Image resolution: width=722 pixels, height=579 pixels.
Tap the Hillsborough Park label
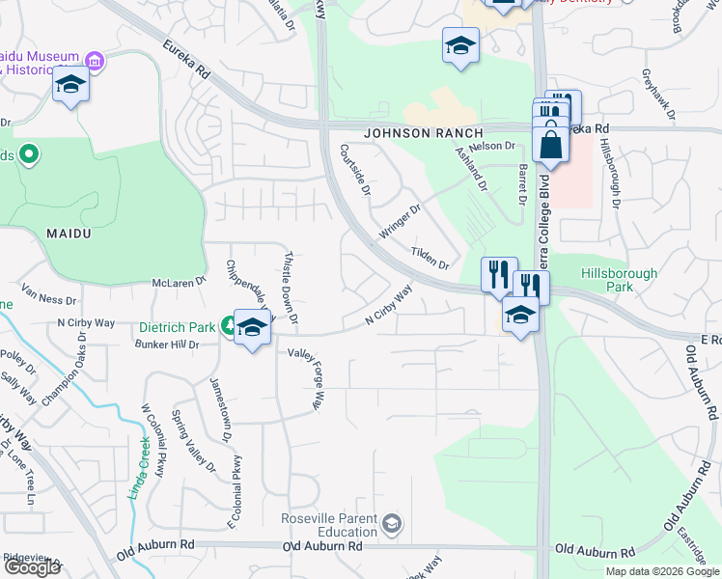click(x=619, y=280)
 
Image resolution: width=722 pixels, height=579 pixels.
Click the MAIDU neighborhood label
click(x=69, y=234)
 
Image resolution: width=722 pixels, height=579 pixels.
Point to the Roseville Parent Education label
click(x=328, y=526)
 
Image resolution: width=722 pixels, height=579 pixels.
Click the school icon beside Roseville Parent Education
click(x=391, y=525)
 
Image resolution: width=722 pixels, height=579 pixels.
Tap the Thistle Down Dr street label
click(x=290, y=288)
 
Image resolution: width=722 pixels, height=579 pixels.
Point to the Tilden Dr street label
click(x=430, y=258)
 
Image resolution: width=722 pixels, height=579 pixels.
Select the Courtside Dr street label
click(x=355, y=171)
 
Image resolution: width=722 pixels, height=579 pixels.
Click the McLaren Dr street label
click(x=180, y=283)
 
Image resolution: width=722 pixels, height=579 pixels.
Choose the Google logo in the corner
click(x=31, y=567)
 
